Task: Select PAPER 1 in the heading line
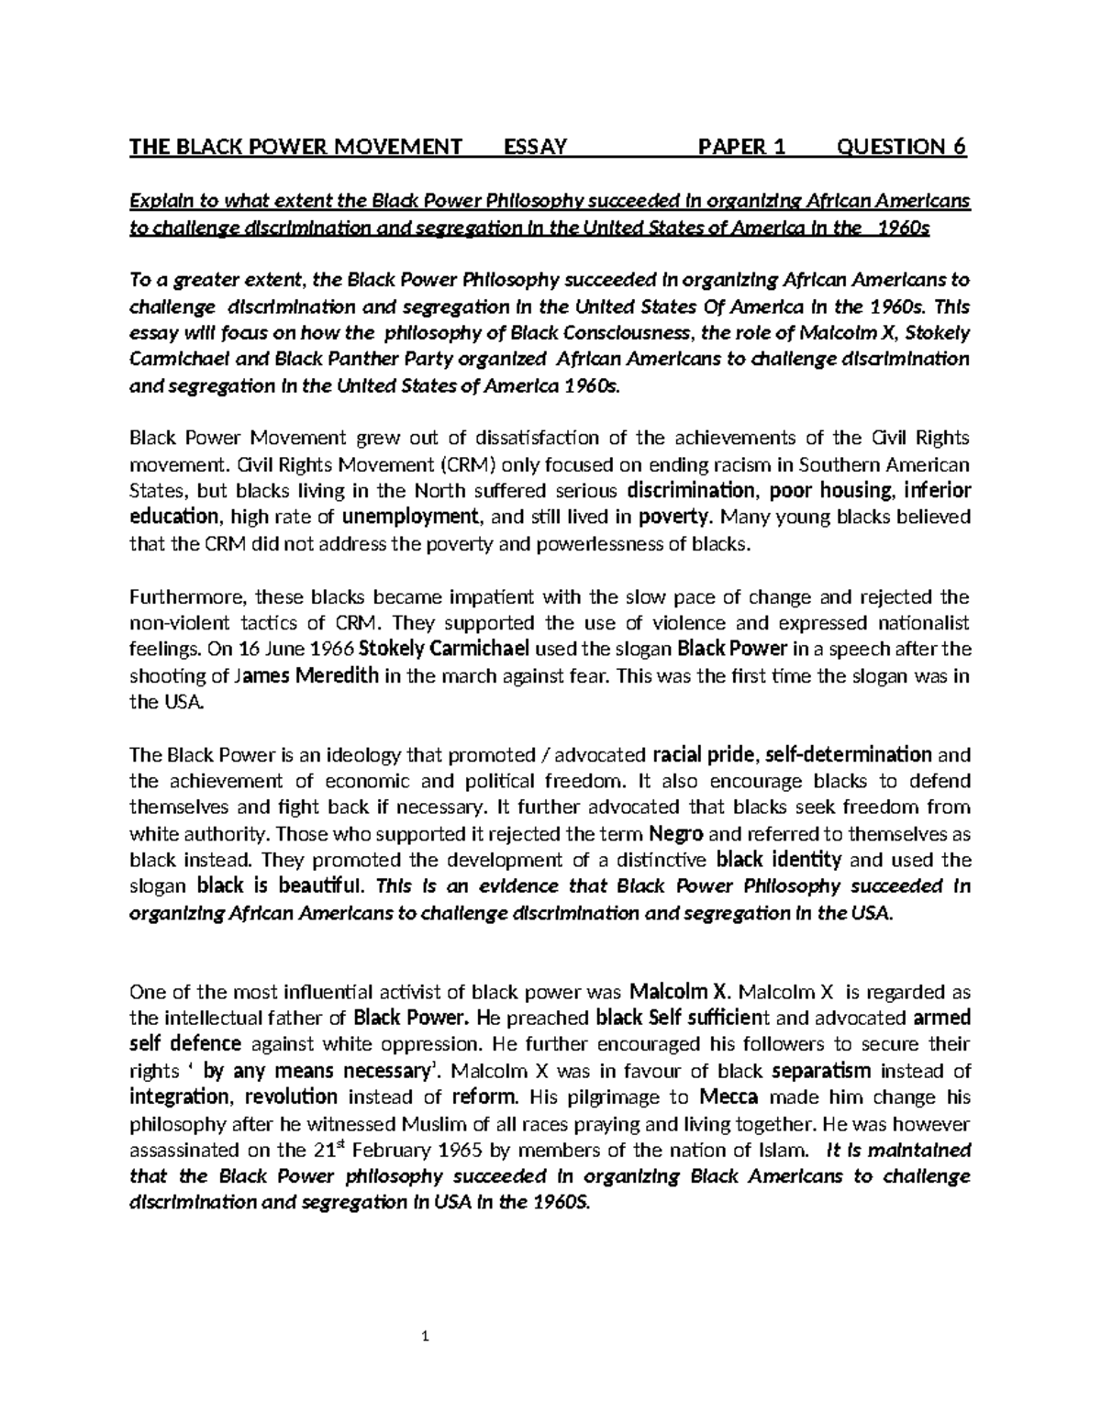742,147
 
